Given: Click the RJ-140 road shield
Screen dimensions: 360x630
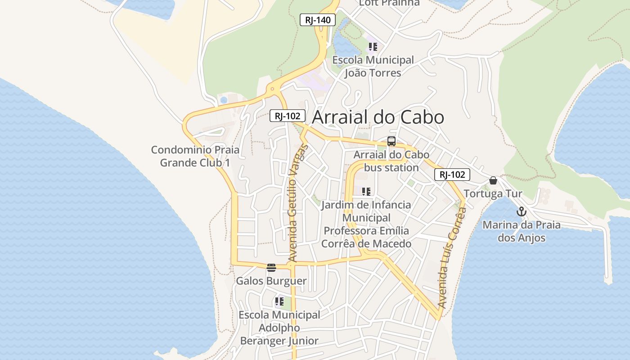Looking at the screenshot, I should click(318, 20).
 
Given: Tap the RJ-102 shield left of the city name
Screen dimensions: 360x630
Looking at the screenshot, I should click(288, 116).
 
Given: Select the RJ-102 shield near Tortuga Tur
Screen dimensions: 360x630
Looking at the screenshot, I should click(452, 175).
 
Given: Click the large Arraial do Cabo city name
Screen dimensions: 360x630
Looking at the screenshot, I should click(378, 117).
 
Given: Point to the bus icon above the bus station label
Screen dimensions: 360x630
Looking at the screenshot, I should click(391, 141).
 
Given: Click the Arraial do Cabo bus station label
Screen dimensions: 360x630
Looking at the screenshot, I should click(391, 161).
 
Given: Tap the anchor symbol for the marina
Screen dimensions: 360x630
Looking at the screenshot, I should click(521, 211).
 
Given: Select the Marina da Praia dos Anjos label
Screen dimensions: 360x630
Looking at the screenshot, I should click(522, 231).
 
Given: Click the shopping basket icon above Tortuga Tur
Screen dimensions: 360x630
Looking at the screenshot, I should click(493, 181).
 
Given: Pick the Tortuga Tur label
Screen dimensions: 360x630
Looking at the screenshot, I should click(493, 193).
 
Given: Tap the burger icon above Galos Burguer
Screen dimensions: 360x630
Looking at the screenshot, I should click(271, 268).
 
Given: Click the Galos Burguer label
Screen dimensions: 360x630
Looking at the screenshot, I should click(271, 281).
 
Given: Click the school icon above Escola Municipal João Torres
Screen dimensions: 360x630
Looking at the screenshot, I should click(373, 46).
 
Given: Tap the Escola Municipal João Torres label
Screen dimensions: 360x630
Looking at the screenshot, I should click(373, 66).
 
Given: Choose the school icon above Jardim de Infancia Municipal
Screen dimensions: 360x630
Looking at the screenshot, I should click(366, 192).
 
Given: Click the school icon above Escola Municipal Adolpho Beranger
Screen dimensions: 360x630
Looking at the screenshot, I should click(279, 301).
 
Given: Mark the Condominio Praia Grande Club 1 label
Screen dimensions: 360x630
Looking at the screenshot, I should click(195, 156).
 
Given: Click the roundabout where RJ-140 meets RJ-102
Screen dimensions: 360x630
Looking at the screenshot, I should click(272, 89).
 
